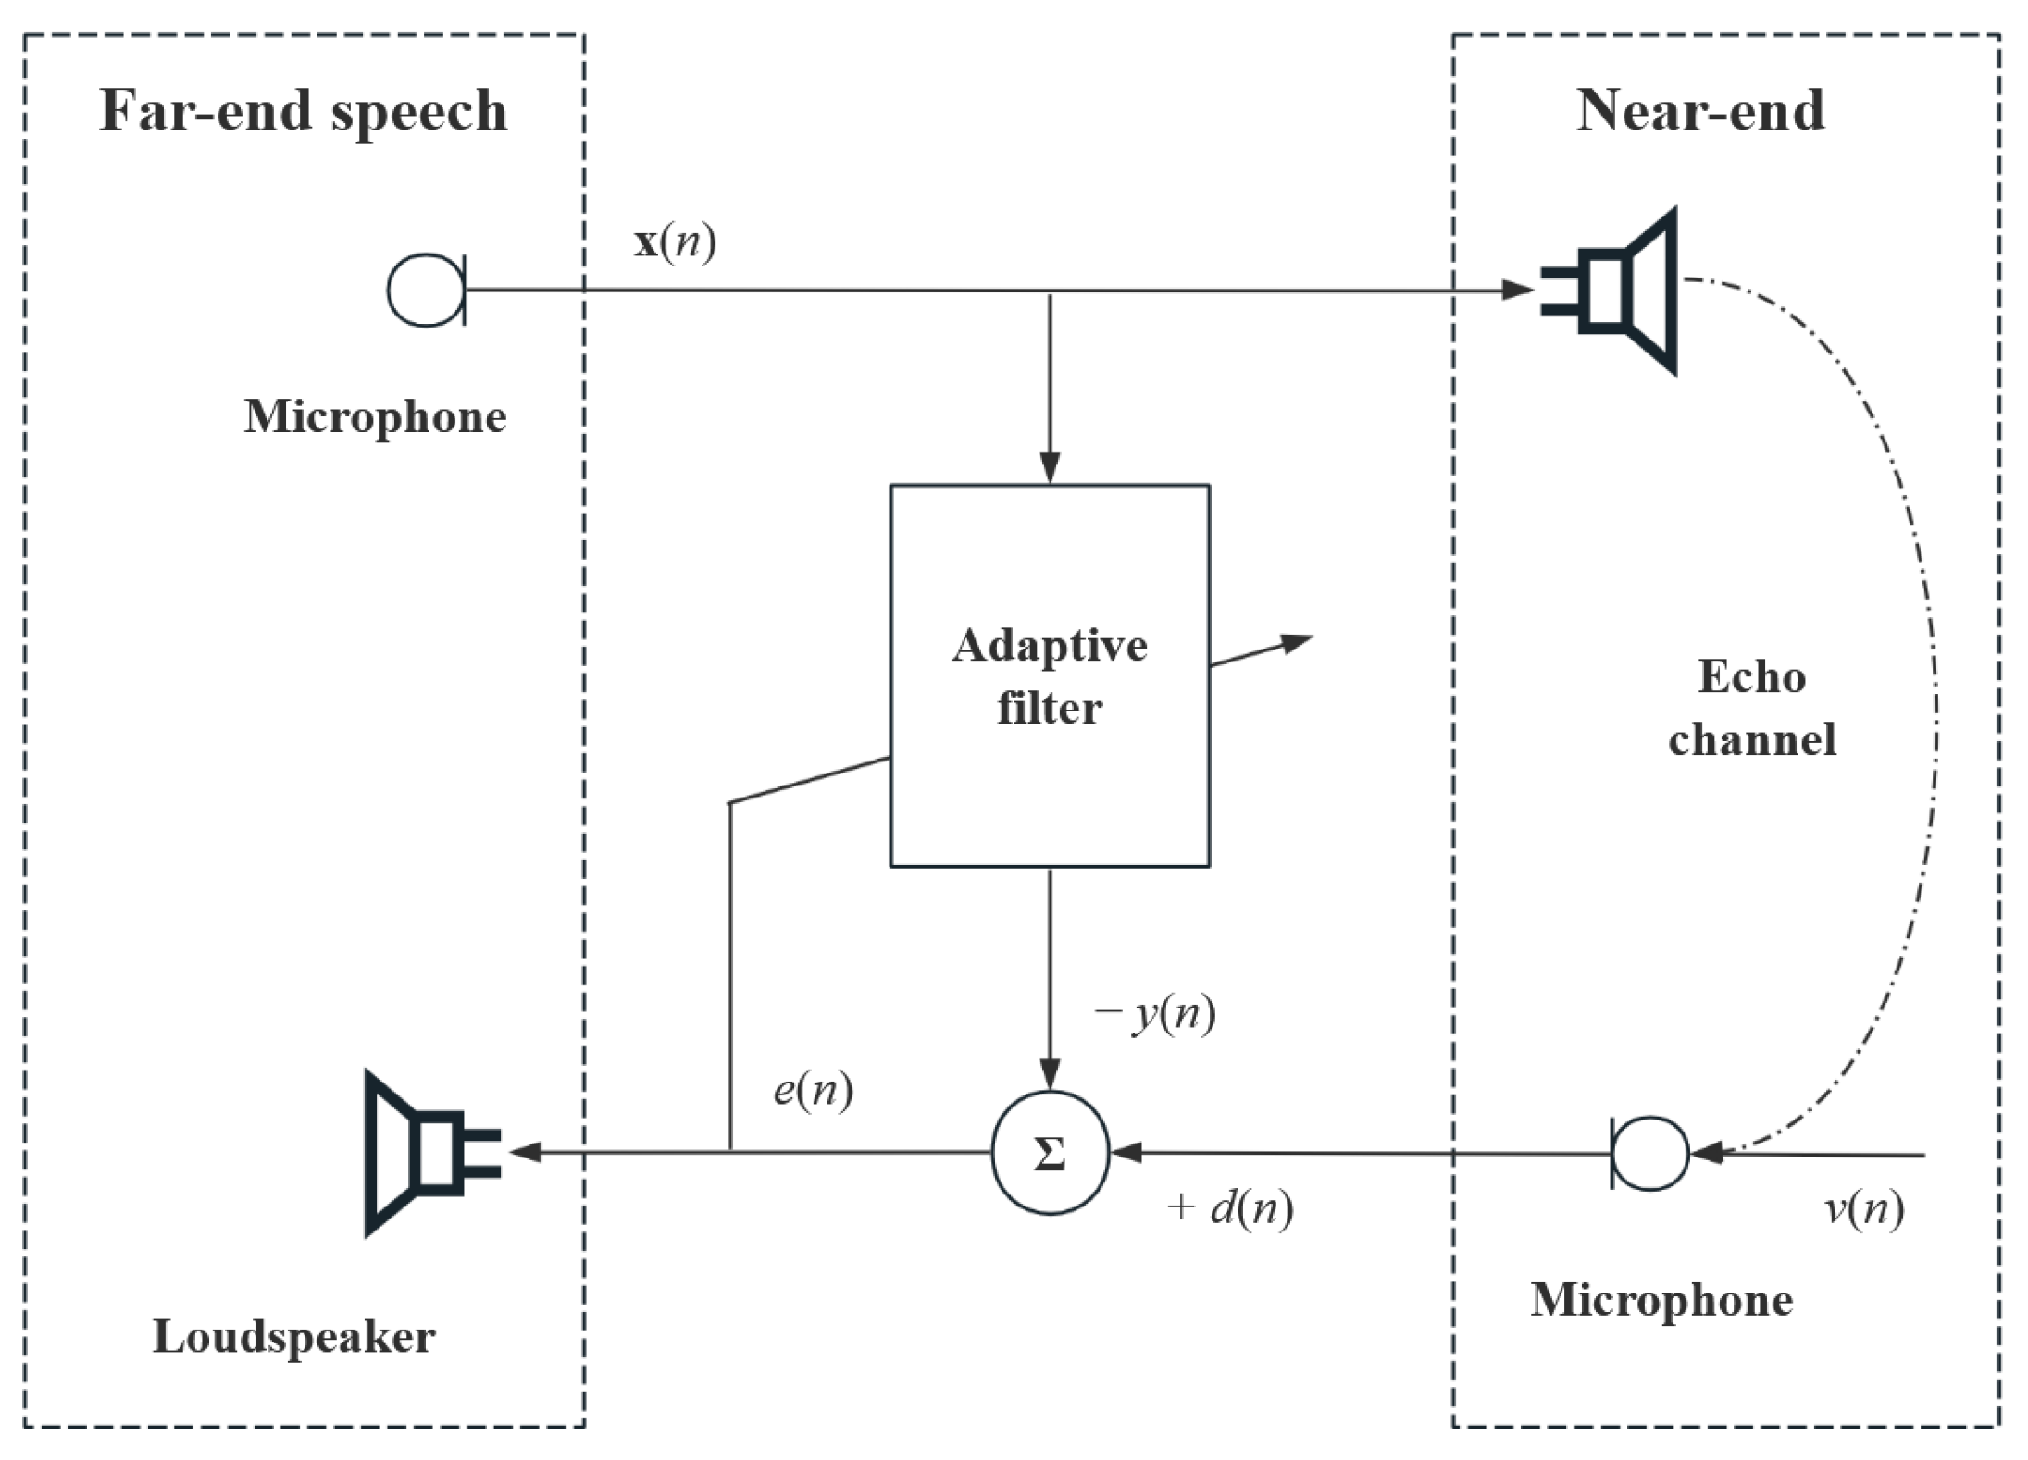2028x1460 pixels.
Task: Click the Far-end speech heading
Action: tap(303, 111)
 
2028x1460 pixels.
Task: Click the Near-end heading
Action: tap(1699, 111)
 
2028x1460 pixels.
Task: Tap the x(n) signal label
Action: tap(675, 242)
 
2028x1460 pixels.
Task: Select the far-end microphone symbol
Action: tap(426, 290)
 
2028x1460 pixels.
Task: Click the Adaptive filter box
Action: tap(1049, 675)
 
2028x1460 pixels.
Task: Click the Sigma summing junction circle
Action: tap(1050, 1153)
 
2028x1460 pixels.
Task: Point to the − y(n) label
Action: tap(1154, 1014)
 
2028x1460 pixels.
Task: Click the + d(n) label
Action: tap(1229, 1207)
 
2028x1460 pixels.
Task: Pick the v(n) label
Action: tap(1863, 1207)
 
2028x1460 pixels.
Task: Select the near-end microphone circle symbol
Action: tap(1650, 1153)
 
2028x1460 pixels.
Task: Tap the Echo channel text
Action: tap(1751, 708)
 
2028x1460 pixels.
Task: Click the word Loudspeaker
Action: tap(293, 1337)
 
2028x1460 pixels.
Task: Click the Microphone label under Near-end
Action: tap(1661, 1300)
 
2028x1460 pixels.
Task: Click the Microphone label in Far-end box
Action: tap(375, 416)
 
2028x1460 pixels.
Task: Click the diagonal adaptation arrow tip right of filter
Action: tap(1304, 639)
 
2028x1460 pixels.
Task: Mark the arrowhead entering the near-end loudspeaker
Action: tap(1518, 290)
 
